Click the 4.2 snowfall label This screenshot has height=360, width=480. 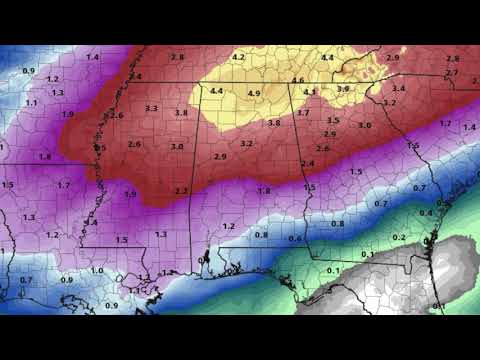(238, 57)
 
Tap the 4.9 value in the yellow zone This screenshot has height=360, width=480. (253, 94)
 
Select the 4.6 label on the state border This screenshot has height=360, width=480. (298, 80)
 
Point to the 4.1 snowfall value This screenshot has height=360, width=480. (310, 93)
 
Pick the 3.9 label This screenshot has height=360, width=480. (343, 89)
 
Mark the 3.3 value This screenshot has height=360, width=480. (151, 108)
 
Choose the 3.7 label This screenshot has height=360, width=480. (303, 114)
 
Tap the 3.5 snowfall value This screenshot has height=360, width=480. (333, 120)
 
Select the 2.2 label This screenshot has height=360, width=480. (182, 190)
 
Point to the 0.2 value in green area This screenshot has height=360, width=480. (399, 237)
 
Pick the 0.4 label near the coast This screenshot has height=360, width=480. (426, 213)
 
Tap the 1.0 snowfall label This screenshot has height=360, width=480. (97, 270)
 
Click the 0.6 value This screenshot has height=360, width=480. (294, 239)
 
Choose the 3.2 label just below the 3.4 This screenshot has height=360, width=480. (390, 103)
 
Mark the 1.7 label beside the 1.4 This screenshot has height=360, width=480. (445, 124)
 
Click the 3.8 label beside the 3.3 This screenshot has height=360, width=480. (181, 114)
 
